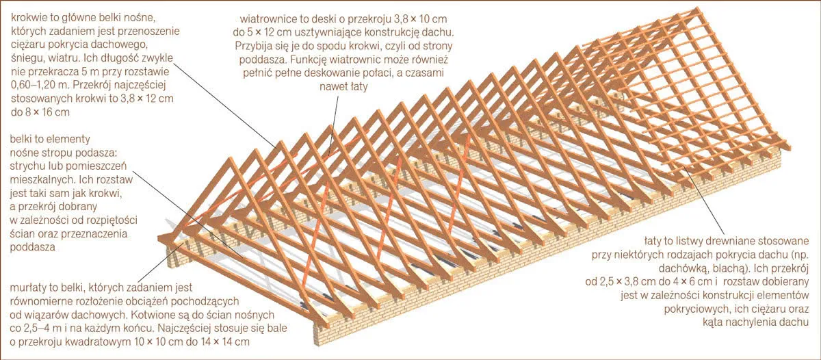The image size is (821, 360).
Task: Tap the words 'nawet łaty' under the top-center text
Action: point(343,87)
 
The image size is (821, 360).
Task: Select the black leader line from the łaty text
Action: point(703,200)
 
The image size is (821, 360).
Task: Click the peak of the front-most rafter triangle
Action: point(230,158)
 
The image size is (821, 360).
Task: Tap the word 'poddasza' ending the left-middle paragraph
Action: point(32,247)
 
